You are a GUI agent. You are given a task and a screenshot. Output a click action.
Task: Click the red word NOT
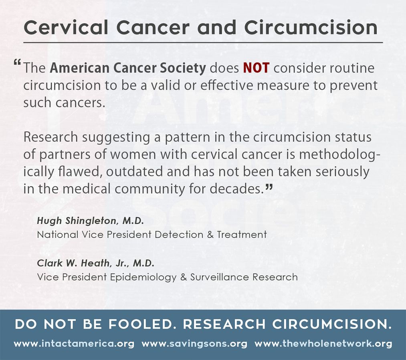point(256,68)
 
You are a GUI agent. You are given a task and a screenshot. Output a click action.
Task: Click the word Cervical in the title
point(66,27)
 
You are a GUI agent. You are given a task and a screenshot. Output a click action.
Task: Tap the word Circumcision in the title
point(311,27)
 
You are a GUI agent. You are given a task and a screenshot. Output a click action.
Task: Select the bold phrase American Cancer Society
point(128,68)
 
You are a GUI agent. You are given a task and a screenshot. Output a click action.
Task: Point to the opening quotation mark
point(17,62)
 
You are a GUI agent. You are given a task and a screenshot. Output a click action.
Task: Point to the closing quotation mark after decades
point(269,187)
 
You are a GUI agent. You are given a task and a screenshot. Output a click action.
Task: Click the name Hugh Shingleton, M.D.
point(90,221)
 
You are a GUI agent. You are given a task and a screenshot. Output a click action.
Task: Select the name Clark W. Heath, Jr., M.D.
point(96,263)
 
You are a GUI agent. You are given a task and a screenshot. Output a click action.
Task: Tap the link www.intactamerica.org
point(74,344)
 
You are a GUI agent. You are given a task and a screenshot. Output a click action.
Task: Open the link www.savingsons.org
point(194,344)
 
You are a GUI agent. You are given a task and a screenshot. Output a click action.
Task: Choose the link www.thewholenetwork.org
point(323,344)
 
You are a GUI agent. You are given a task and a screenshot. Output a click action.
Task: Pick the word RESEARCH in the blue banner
point(224,324)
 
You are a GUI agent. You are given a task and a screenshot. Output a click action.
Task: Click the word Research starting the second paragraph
point(51,137)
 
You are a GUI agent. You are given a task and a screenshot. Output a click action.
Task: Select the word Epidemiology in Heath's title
point(143,277)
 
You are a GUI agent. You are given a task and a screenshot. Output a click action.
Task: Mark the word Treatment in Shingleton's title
point(242,235)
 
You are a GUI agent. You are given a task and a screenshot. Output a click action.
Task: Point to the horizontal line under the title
point(203,42)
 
